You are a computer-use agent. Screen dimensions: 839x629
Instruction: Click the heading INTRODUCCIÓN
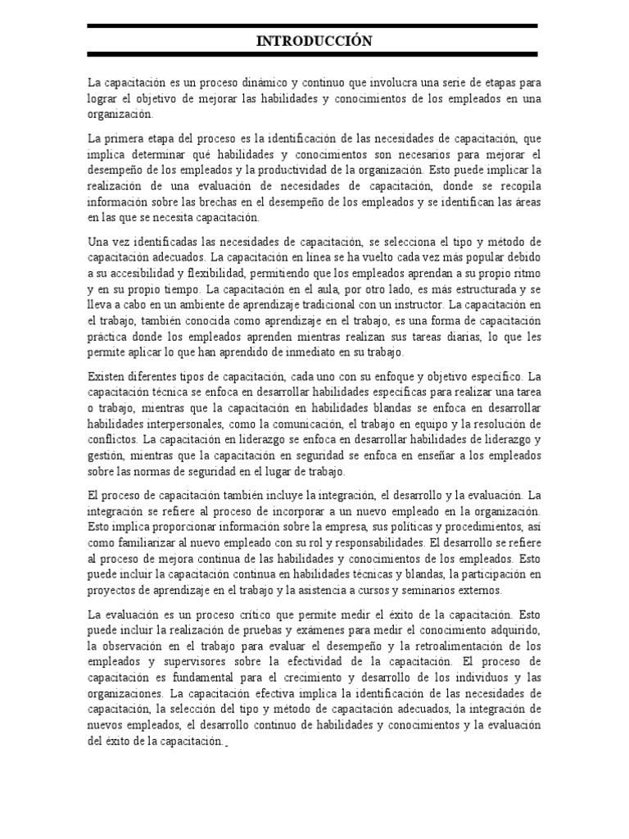click(x=314, y=40)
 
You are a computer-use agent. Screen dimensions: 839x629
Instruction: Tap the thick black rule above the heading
click(x=314, y=26)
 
